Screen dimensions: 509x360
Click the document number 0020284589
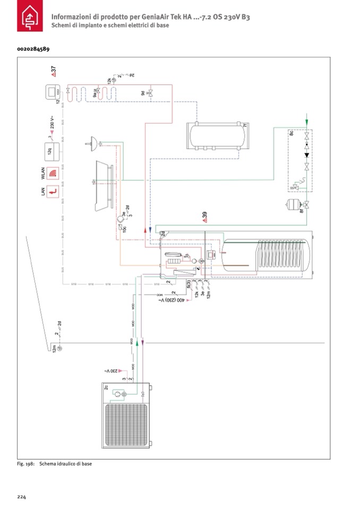pyautogui.click(x=33, y=49)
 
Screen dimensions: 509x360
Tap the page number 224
pyautogui.click(x=22, y=497)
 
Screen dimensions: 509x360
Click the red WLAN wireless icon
pyautogui.click(x=52, y=173)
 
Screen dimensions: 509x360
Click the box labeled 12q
pyautogui.click(x=51, y=151)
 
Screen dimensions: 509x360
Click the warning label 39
pyautogui.click(x=204, y=217)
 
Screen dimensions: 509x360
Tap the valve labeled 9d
pyautogui.click(x=150, y=93)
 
